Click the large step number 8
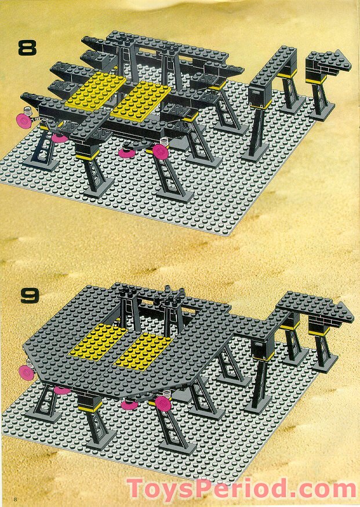click(x=27, y=47)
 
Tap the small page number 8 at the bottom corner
click(x=6, y=499)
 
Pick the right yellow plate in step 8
click(x=141, y=99)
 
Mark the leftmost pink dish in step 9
click(x=26, y=370)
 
